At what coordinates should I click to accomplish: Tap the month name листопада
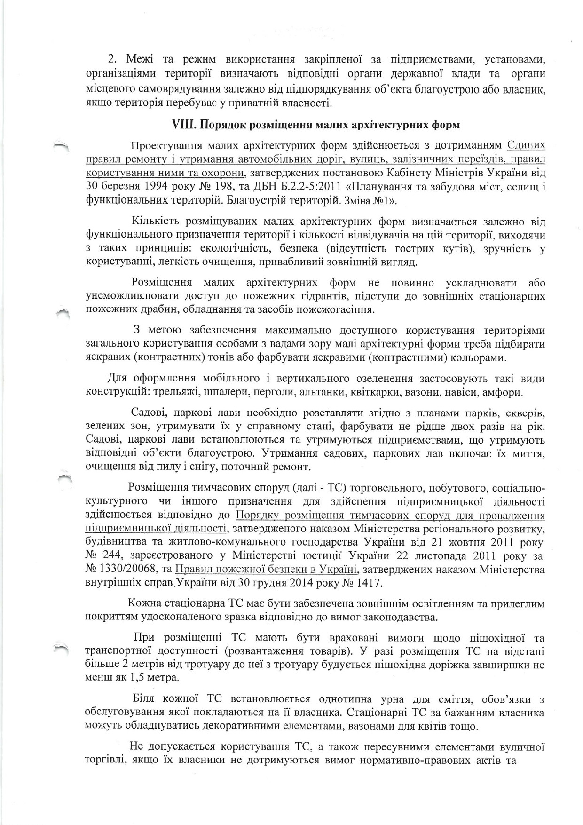pyautogui.click(x=434, y=556)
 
